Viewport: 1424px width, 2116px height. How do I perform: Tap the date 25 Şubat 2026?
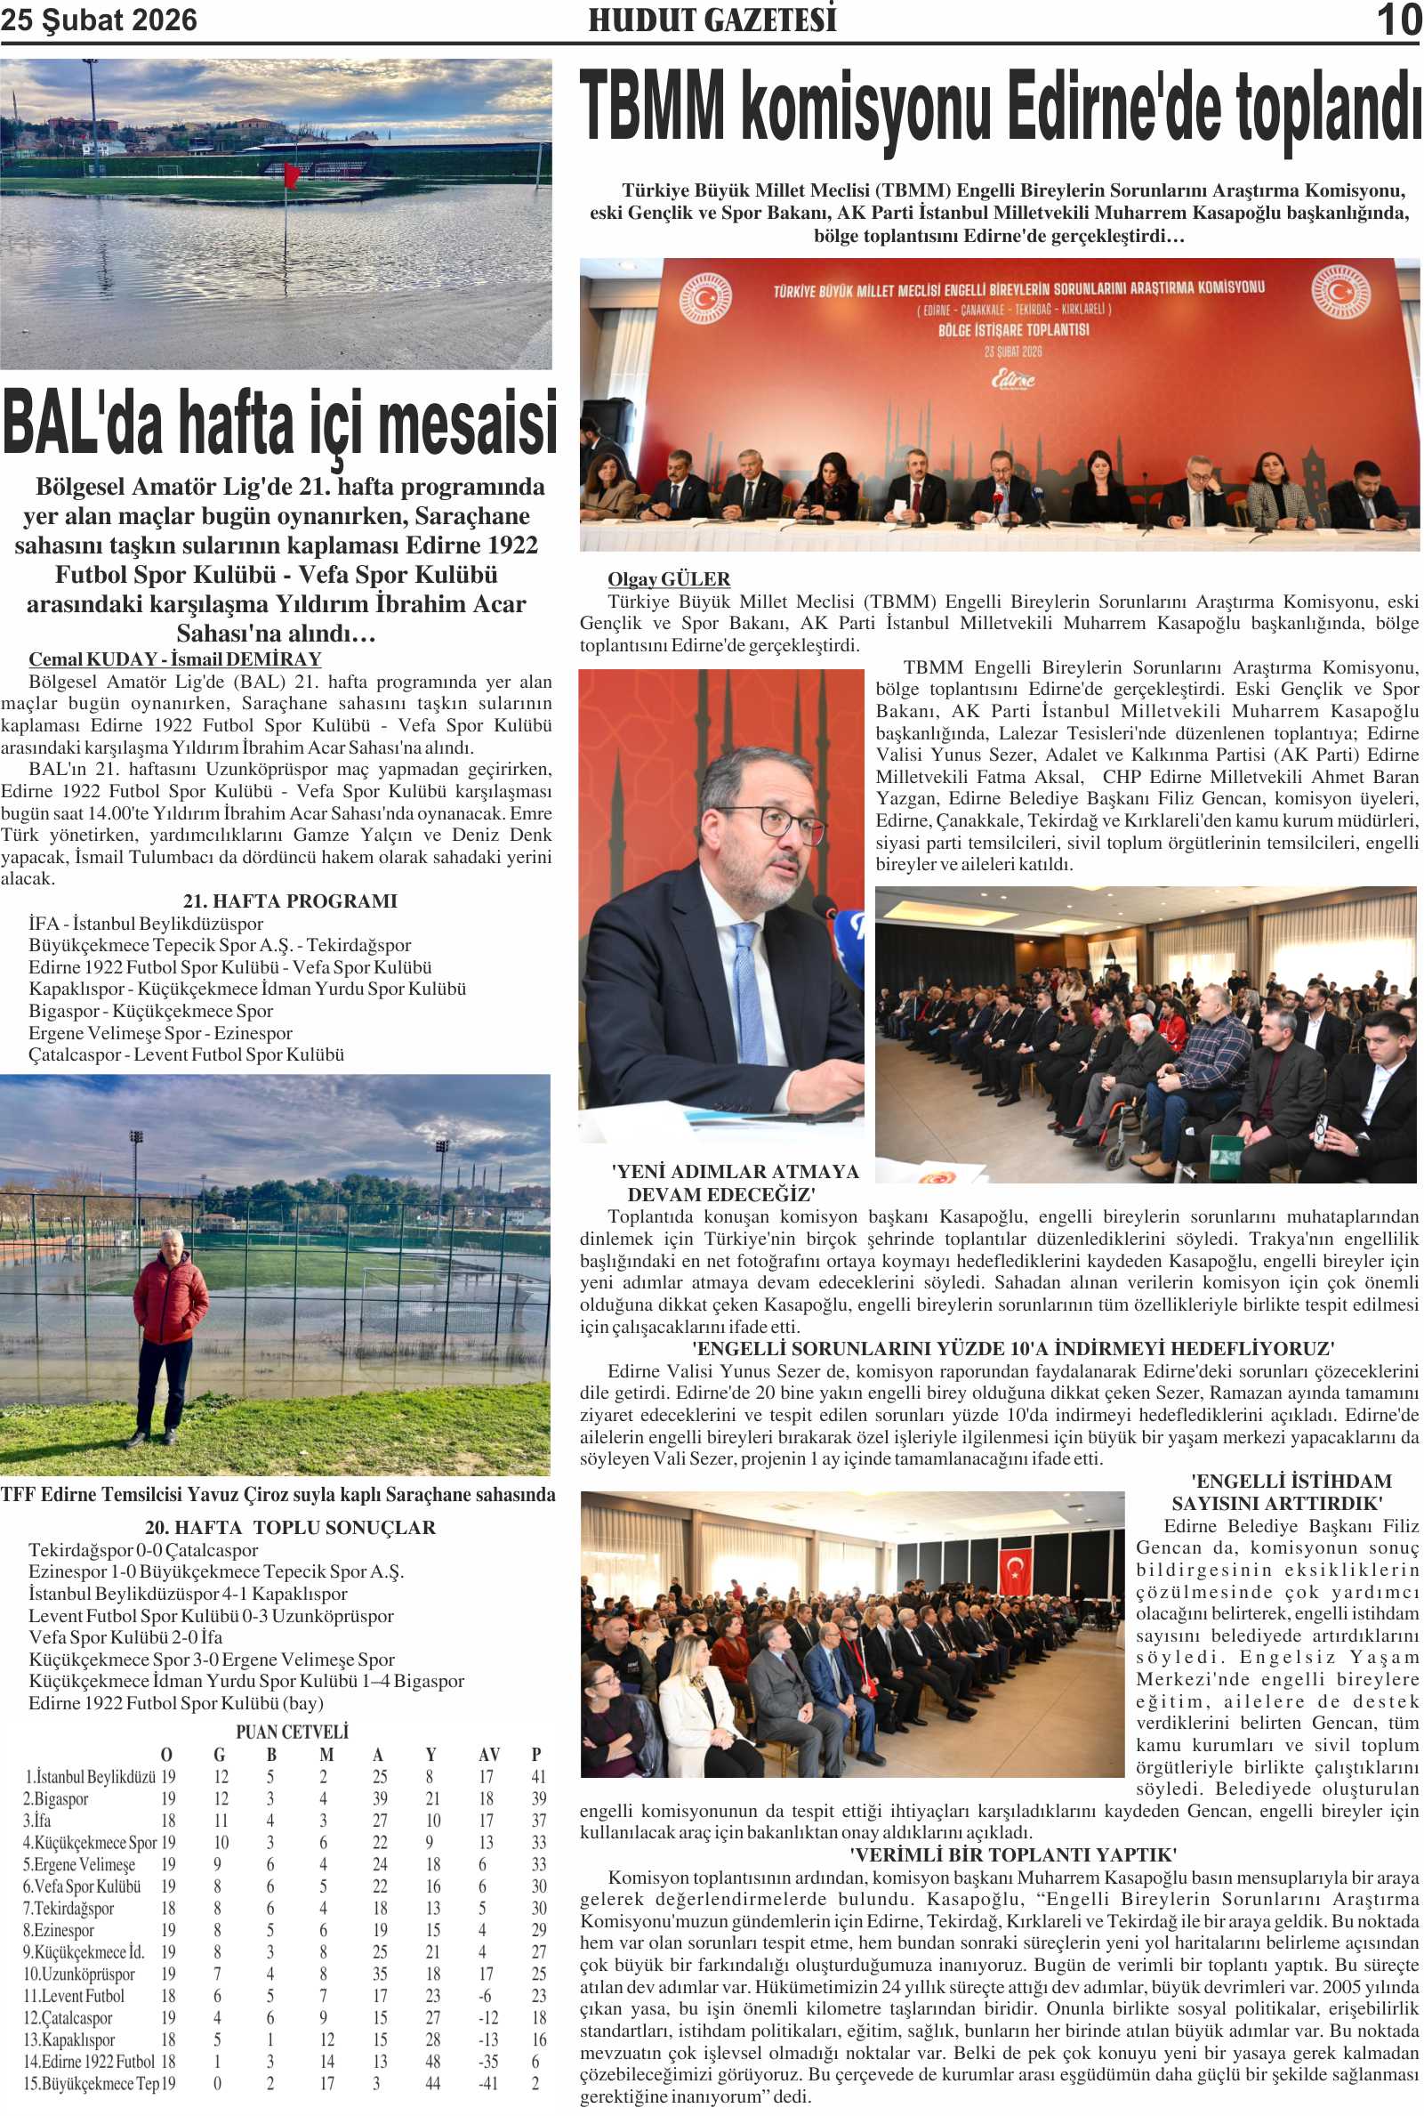(x=98, y=20)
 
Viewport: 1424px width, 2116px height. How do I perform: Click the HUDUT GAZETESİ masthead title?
(x=712, y=20)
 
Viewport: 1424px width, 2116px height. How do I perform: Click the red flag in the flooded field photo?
(x=291, y=174)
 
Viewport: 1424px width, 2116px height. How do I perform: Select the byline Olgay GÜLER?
(x=668, y=578)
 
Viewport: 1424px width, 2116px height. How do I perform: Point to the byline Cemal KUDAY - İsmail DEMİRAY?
(x=174, y=658)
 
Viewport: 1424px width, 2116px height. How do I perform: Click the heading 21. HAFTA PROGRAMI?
(x=290, y=901)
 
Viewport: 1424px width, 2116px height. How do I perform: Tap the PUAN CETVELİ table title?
(x=292, y=1732)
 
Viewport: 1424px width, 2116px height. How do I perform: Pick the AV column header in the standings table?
(x=487, y=1755)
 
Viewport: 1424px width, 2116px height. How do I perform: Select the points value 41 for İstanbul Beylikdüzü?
(x=538, y=1776)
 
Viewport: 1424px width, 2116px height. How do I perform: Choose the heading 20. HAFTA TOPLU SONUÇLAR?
(x=290, y=1527)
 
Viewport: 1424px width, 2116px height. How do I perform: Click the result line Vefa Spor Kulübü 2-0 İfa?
(x=125, y=1637)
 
